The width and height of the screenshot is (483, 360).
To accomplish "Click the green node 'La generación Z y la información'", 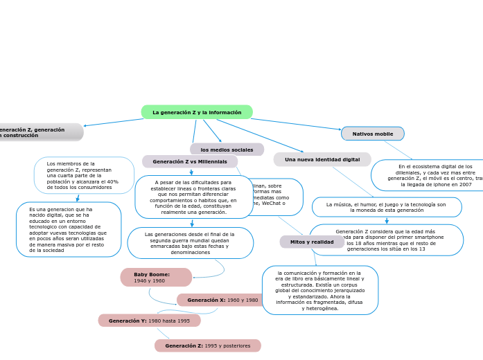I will tap(197, 112).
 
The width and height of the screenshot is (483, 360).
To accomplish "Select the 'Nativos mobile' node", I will tap(373, 134).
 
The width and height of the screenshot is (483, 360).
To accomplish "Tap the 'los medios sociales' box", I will tap(227, 150).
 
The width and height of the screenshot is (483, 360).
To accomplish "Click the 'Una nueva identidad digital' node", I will tap(322, 159).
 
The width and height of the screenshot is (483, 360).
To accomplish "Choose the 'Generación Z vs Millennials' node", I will tap(190, 161).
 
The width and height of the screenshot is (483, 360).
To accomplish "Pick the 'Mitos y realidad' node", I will tap(312, 242).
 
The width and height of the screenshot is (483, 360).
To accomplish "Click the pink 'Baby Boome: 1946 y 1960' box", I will tap(156, 278).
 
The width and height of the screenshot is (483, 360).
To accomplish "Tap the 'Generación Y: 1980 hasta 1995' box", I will tap(149, 321).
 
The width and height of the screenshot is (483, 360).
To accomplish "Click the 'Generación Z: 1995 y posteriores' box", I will tap(207, 345).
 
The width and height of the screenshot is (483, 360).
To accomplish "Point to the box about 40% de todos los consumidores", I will tap(84, 175).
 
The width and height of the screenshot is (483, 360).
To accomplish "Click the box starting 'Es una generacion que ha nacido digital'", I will tap(68, 229).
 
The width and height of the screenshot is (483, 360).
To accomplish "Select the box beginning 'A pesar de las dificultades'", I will tap(193, 197).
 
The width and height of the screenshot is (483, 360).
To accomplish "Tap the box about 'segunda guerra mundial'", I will tap(190, 243).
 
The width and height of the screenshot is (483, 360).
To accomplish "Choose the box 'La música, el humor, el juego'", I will tap(386, 207).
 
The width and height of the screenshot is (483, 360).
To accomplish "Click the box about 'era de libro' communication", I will tap(319, 290).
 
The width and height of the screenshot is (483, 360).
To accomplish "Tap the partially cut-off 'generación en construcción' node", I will tap(38, 132).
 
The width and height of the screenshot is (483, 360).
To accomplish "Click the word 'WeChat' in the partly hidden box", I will tap(273, 204).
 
